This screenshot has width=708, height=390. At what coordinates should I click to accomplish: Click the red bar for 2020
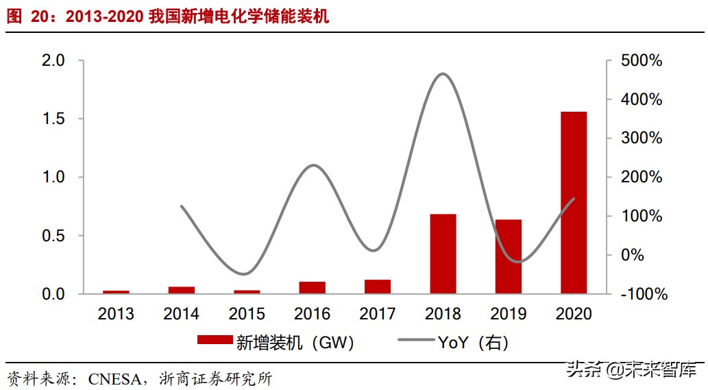[x=574, y=202]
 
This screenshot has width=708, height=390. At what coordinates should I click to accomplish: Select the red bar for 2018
[x=443, y=254]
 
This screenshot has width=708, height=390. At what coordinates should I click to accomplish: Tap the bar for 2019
[x=509, y=256]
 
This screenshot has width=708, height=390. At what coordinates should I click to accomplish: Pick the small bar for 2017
[x=378, y=287]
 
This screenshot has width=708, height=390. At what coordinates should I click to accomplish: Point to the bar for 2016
[x=312, y=287]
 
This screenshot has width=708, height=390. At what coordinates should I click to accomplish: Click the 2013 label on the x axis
[x=116, y=314]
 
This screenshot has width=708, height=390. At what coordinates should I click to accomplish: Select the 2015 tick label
[x=247, y=314]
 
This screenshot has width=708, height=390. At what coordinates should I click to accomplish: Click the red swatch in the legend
[x=215, y=340]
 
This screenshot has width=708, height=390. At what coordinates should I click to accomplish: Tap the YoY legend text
[x=472, y=341]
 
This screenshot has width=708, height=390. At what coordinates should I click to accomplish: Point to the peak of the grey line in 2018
[x=443, y=74]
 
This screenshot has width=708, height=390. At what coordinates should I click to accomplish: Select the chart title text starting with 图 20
[x=167, y=16]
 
